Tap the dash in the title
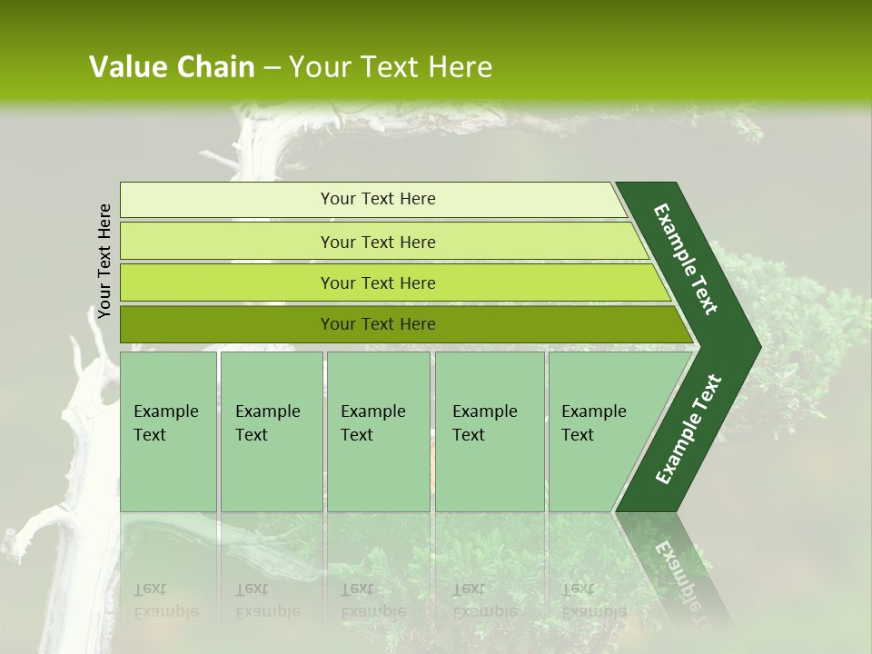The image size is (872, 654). pyautogui.click(x=272, y=68)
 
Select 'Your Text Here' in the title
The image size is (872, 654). pyautogui.click(x=391, y=67)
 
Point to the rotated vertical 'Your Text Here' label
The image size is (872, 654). pyautogui.click(x=104, y=261)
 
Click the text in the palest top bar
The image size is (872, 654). pyautogui.click(x=378, y=199)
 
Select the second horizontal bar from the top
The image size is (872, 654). pyautogui.click(x=378, y=242)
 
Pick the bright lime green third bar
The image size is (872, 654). pyautogui.click(x=378, y=282)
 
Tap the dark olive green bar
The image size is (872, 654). pyautogui.click(x=378, y=324)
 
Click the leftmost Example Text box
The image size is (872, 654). pyautogui.click(x=168, y=431)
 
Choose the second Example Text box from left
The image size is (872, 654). pyautogui.click(x=271, y=431)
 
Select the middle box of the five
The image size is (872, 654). pyautogui.click(x=378, y=431)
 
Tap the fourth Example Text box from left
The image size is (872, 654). pyautogui.click(x=489, y=431)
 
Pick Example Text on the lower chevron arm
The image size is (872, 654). pyautogui.click(x=689, y=429)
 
